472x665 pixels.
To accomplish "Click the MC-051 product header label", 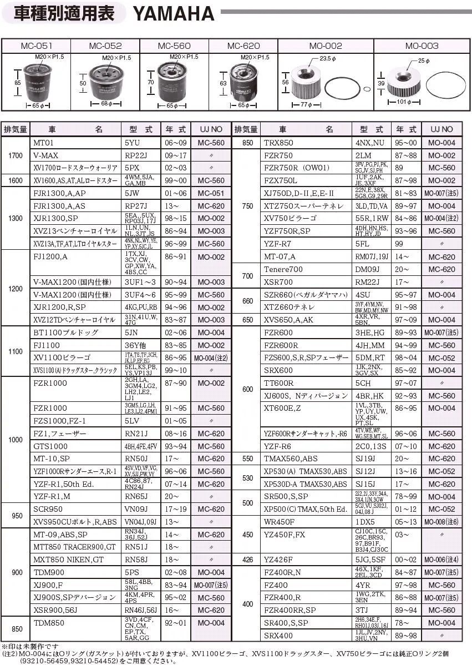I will [37, 46].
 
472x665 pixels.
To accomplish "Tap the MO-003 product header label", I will [421, 46].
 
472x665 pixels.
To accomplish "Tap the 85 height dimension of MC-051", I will [18, 82].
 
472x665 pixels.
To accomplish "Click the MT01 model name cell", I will [43, 143].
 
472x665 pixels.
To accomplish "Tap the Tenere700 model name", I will [283, 269].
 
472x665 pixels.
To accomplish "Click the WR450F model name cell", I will [279, 522].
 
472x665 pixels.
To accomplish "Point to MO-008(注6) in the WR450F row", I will [441, 522].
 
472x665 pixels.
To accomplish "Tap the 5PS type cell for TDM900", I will [132, 572].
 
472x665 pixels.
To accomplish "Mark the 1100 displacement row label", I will [16, 351].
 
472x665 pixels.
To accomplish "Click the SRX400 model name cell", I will [278, 636].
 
